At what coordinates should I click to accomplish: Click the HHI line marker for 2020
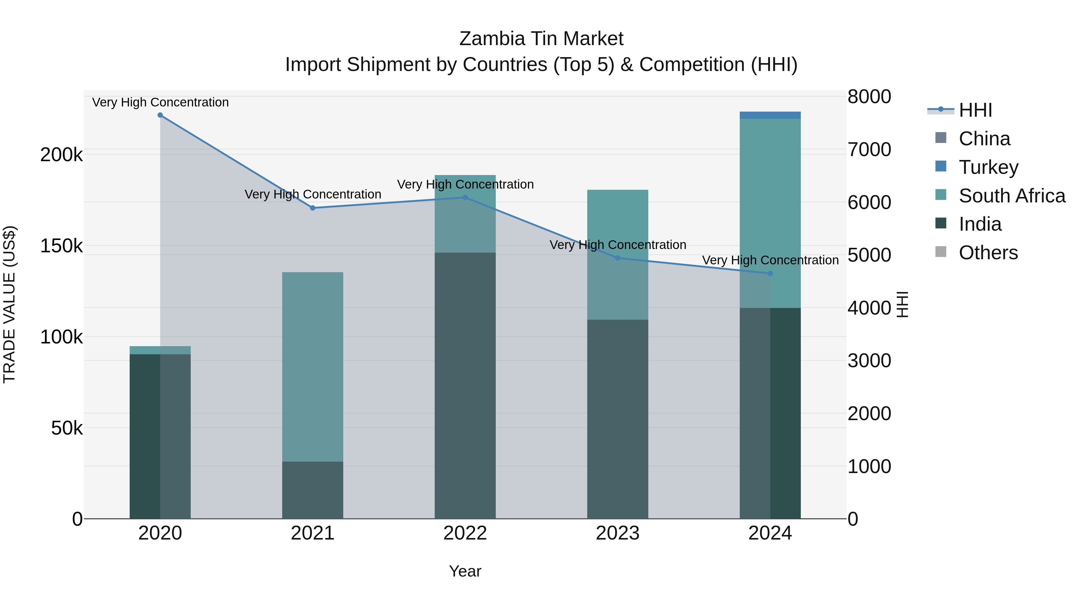[x=160, y=115]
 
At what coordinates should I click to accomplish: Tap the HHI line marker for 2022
[x=465, y=198]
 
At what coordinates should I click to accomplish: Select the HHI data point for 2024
[x=770, y=274]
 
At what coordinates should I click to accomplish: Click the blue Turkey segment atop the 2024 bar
[x=770, y=115]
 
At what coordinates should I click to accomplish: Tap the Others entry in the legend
[x=988, y=253]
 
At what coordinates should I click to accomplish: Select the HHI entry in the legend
[x=975, y=110]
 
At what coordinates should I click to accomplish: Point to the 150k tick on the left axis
[x=61, y=246]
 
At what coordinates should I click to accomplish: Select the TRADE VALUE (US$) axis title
[x=9, y=304]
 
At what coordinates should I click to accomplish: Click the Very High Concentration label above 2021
[x=313, y=195]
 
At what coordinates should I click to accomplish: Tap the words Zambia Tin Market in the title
[x=541, y=39]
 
